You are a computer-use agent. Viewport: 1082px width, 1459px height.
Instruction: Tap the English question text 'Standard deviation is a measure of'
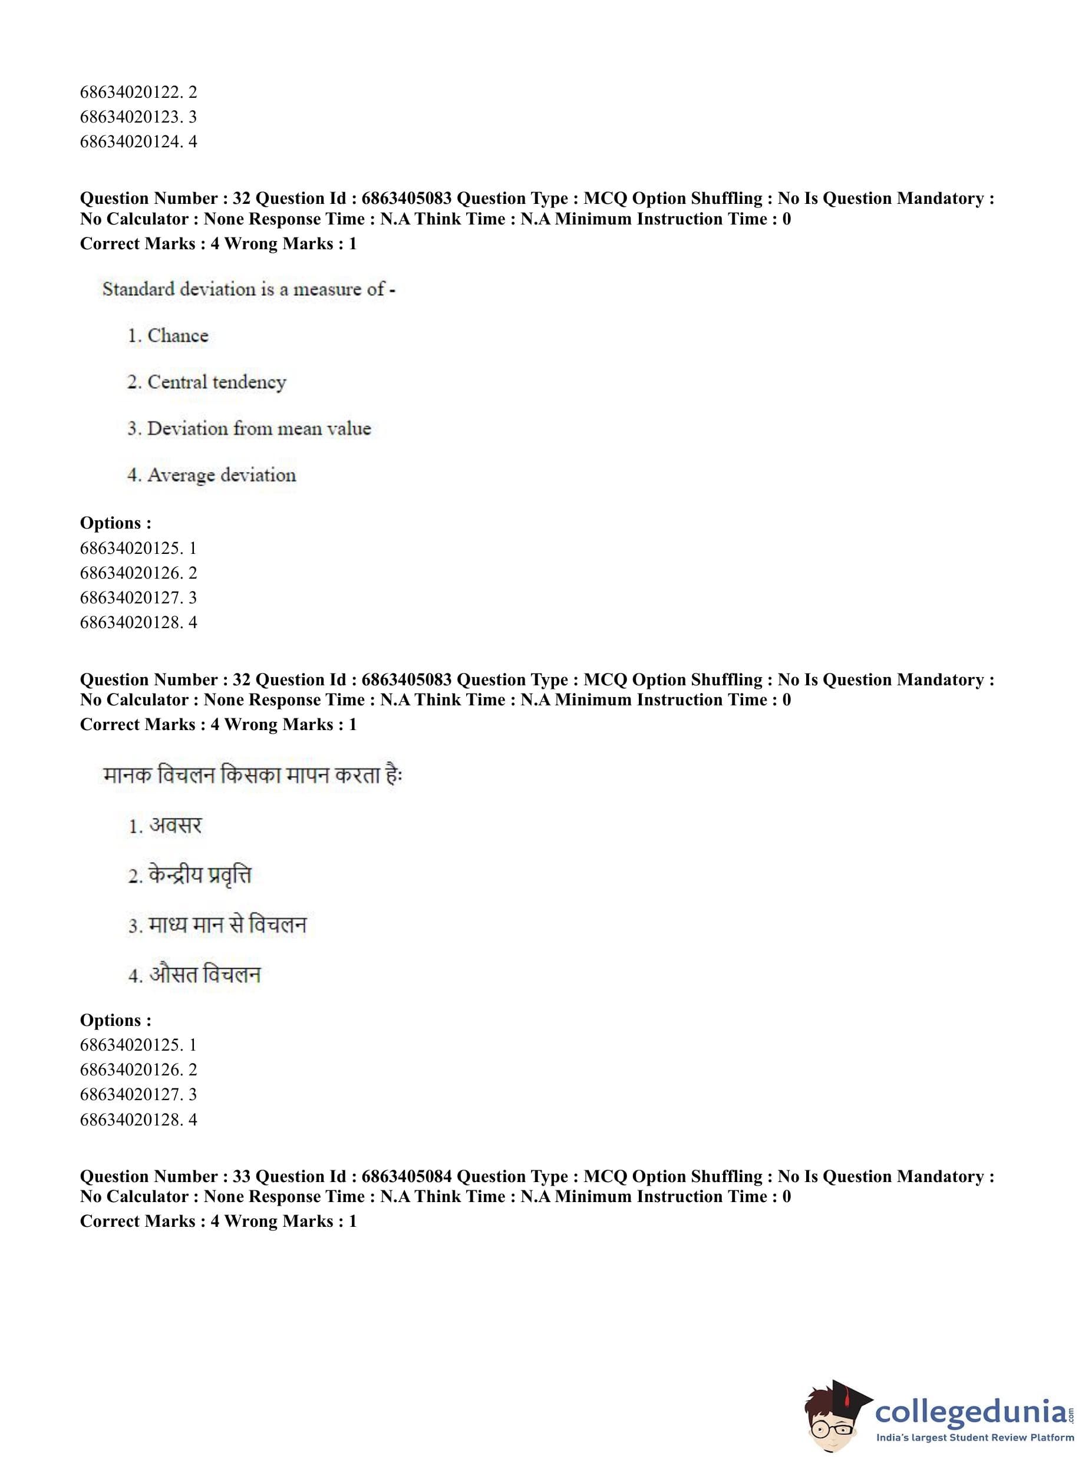[248, 289]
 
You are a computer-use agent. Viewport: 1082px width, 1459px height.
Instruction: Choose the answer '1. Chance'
[169, 335]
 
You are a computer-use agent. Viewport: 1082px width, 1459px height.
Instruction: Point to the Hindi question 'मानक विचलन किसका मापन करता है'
[252, 775]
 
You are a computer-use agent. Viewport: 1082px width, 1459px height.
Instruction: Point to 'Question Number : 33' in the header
[165, 1176]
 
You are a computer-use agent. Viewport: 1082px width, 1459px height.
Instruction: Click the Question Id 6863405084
[406, 1176]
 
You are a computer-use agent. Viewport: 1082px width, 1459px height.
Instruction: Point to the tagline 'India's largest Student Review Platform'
[975, 1437]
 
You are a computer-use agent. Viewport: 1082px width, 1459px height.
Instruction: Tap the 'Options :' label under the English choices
[116, 523]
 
